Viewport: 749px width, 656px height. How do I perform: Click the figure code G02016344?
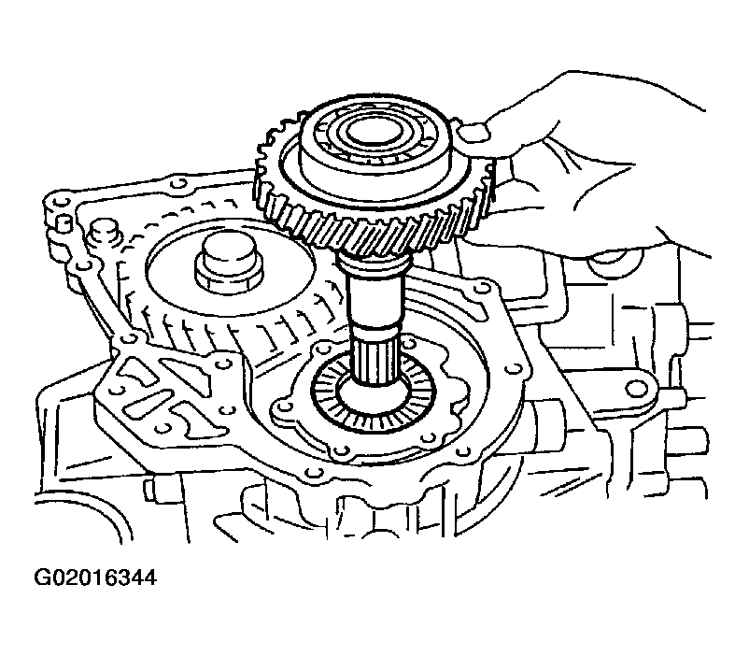pyautogui.click(x=95, y=578)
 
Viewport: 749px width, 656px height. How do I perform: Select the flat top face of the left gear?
pyautogui.click(x=230, y=274)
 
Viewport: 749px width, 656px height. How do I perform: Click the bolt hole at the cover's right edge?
pyautogui.click(x=515, y=368)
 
